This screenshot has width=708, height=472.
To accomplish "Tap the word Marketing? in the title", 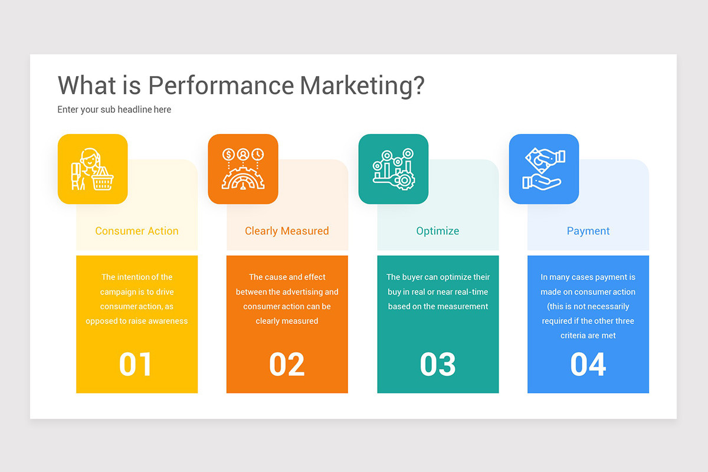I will pyautogui.click(x=362, y=86).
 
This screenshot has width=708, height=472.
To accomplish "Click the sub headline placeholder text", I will pyautogui.click(x=114, y=110).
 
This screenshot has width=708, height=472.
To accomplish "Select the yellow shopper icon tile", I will pyautogui.click(x=93, y=169).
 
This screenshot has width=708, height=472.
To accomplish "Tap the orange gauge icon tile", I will pyautogui.click(x=243, y=169).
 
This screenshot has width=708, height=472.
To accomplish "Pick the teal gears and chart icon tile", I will pyautogui.click(x=394, y=169).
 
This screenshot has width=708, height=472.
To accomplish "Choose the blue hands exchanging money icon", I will pyautogui.click(x=544, y=169).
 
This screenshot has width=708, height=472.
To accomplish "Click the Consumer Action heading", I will pyautogui.click(x=137, y=231).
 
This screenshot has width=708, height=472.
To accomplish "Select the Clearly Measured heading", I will pyautogui.click(x=287, y=231).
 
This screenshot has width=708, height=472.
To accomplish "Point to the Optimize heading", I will pyautogui.click(x=438, y=231).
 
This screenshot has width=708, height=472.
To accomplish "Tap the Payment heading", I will pyautogui.click(x=588, y=231).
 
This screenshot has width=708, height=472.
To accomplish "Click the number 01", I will pyautogui.click(x=136, y=364).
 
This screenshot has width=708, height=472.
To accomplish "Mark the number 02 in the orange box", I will pyautogui.click(x=287, y=364).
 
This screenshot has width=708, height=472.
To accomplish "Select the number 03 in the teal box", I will pyautogui.click(x=438, y=364).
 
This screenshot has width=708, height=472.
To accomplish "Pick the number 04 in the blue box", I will pyautogui.click(x=588, y=364).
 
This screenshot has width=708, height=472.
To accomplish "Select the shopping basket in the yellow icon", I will pyautogui.click(x=103, y=180).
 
